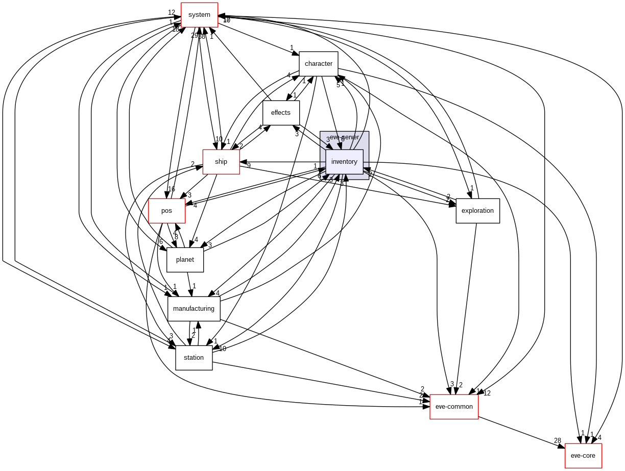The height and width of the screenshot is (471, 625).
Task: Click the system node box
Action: point(199,15)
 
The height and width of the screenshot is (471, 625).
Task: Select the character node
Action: point(318,64)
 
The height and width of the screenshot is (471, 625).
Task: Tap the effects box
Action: point(280,113)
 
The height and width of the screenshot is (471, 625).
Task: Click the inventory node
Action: point(344,162)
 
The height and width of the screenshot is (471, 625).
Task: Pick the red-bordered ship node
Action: point(221,162)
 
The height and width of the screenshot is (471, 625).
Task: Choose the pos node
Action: point(166,211)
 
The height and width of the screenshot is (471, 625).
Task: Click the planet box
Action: point(185,260)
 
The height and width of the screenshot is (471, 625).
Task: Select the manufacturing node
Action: point(194,309)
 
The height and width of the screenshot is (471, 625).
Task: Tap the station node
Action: point(194,358)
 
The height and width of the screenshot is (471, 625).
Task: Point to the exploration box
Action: point(477,211)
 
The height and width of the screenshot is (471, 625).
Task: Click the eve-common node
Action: point(454,407)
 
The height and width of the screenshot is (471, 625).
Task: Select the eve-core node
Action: point(583,456)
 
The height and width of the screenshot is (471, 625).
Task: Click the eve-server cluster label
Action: point(344,137)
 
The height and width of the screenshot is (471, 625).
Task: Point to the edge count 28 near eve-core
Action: point(558,440)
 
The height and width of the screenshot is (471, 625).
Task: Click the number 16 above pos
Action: point(172,189)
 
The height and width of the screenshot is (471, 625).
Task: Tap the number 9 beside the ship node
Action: point(249,165)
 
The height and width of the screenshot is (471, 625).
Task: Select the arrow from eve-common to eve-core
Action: point(521,432)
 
